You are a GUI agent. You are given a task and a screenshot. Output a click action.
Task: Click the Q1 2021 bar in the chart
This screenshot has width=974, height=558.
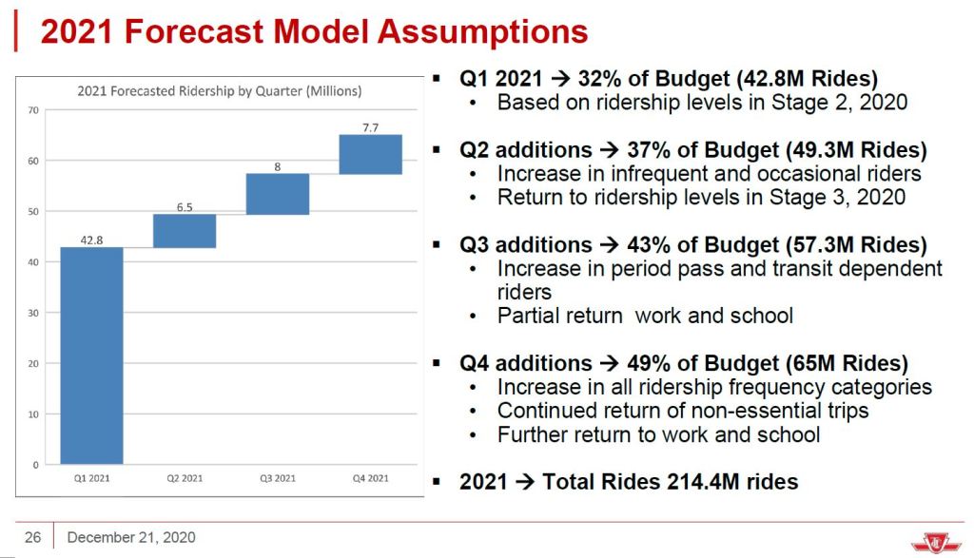[91, 356]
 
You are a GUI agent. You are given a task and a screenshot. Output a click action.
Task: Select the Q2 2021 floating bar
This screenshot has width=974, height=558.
[185, 231]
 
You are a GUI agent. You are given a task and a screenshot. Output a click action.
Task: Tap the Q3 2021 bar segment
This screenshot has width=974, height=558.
[278, 194]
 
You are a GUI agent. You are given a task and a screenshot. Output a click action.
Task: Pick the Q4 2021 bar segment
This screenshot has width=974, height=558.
[370, 154]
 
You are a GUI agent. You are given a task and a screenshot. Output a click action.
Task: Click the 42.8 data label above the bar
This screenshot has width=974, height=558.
[91, 240]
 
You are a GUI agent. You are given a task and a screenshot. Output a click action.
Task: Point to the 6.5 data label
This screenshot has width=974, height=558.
[185, 206]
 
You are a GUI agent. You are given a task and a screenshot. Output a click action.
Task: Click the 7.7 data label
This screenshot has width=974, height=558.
[370, 126]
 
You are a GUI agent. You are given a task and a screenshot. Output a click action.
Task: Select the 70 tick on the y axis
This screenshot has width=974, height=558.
[33, 110]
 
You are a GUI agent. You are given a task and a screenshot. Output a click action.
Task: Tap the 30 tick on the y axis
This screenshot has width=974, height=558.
[33, 313]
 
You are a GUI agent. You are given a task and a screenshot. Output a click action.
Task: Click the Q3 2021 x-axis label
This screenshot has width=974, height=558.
[278, 478]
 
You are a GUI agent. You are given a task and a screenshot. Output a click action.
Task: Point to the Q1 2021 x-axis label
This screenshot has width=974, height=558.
[91, 478]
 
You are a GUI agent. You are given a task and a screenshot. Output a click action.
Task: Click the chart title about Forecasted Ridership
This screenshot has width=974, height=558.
[220, 91]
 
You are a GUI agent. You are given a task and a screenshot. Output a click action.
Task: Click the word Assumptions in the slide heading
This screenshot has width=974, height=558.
[482, 32]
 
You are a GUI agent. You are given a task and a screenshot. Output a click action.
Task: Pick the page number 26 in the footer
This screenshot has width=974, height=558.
[33, 538]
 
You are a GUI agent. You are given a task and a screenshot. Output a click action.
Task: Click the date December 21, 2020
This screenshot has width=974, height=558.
[131, 538]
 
